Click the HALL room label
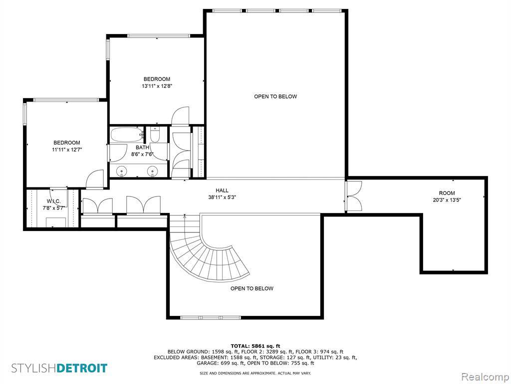click(222, 190)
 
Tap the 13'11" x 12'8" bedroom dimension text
click(157, 86)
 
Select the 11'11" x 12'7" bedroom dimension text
click(67, 150)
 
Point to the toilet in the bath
click(155, 134)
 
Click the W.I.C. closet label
click(54, 201)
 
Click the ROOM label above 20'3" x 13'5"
click(447, 193)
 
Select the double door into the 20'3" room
click(354, 196)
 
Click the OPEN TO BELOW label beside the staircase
click(252, 288)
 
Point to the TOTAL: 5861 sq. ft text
click(255, 346)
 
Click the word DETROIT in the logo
click(82, 368)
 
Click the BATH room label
click(142, 147)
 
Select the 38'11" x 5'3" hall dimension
click(222, 197)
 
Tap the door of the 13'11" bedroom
click(180, 116)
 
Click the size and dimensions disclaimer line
click(255, 373)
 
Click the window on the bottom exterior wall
click(211, 317)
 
